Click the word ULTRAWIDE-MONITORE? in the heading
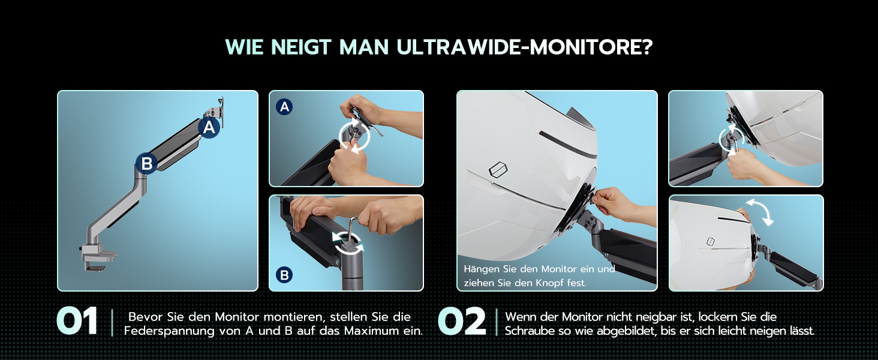525,47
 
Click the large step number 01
77,321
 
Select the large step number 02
462,321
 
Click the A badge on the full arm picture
209,127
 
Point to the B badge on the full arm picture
146,164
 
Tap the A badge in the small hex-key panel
284,107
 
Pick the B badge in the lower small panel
284,275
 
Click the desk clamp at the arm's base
98,256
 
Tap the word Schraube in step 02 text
530,331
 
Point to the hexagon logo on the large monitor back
498,169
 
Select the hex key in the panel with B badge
352,232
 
